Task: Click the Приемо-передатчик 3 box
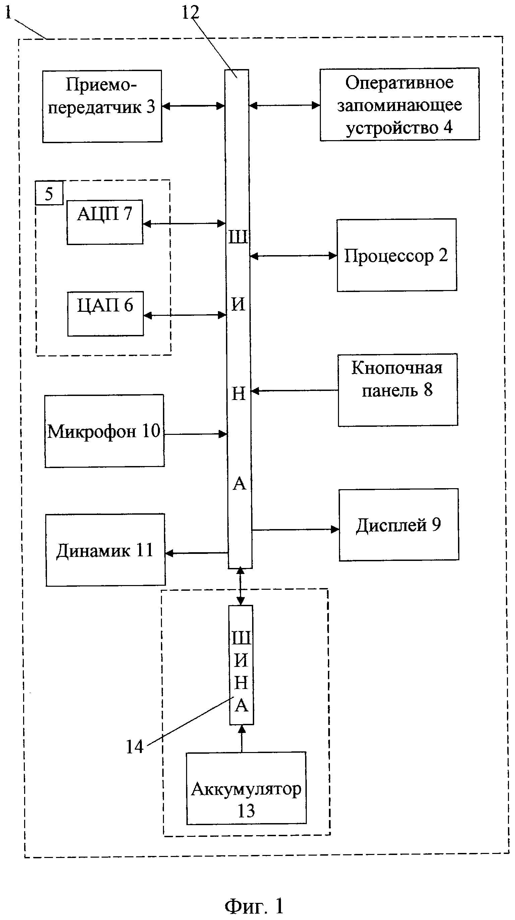click(x=102, y=106)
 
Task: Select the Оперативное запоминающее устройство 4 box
click(x=399, y=104)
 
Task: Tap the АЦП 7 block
click(x=105, y=222)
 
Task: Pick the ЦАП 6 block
click(x=105, y=313)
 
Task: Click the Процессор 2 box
click(x=396, y=255)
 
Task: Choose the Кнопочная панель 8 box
click(x=398, y=390)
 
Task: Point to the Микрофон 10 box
click(x=104, y=431)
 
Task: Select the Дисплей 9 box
click(x=399, y=524)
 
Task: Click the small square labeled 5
click(x=49, y=193)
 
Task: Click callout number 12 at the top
click(x=190, y=13)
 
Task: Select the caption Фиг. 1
click(x=254, y=906)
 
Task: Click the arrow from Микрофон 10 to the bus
click(x=196, y=434)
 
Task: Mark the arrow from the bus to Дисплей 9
click(x=295, y=529)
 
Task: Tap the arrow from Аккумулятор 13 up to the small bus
click(x=242, y=738)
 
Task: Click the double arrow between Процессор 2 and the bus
click(x=293, y=256)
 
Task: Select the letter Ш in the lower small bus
click(x=241, y=638)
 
